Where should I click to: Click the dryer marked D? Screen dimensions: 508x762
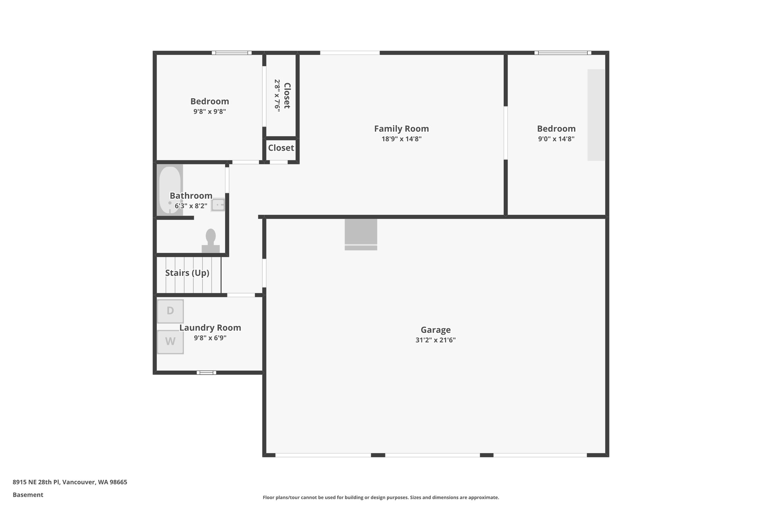(x=170, y=311)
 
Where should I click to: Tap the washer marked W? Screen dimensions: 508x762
(x=170, y=342)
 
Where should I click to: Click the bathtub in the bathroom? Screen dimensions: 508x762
(x=170, y=190)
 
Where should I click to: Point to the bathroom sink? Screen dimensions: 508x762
(x=218, y=205)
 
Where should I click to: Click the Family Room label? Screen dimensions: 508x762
(x=401, y=129)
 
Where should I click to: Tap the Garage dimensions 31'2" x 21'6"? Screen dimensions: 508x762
(x=435, y=340)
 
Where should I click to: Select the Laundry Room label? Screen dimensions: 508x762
(x=210, y=328)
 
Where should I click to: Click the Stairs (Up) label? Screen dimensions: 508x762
(x=187, y=273)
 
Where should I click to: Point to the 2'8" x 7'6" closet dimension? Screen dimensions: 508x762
(x=277, y=95)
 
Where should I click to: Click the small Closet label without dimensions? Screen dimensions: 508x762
(x=281, y=148)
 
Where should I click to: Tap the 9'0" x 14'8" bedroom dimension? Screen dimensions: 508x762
(x=556, y=139)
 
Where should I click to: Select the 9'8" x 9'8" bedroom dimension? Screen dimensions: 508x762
(x=209, y=111)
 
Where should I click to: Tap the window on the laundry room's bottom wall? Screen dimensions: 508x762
(x=206, y=373)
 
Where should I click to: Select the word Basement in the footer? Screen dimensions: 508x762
(x=28, y=495)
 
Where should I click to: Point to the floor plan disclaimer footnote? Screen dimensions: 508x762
(x=381, y=497)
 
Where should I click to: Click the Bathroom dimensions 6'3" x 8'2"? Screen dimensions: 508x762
(x=191, y=206)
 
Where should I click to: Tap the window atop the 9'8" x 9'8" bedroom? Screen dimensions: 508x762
(x=232, y=53)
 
